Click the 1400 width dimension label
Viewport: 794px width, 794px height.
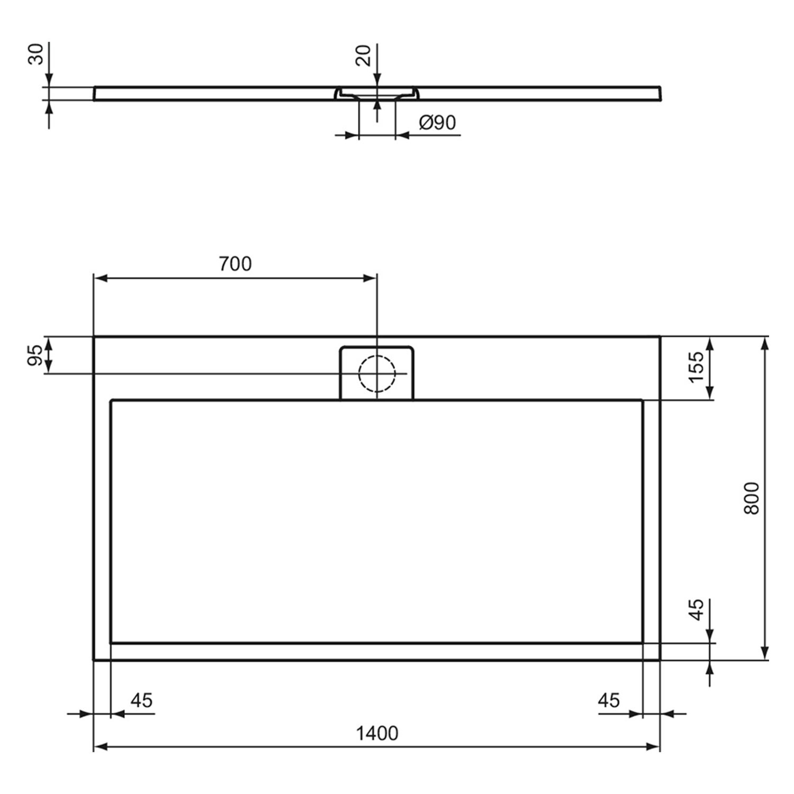[377, 733]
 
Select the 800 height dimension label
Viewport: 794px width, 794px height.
[751, 498]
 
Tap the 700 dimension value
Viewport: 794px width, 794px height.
[236, 263]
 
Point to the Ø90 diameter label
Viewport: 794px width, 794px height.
[437, 123]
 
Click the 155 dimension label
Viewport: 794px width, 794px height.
[697, 366]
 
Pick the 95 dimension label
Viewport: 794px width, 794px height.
[35, 355]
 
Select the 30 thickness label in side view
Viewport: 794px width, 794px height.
[35, 54]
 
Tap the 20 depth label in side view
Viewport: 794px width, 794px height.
[364, 55]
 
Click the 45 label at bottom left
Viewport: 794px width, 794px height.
[141, 700]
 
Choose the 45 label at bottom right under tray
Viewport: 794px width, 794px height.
[609, 700]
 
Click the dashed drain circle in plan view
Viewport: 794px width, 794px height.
[377, 373]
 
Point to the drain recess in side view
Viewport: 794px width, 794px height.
[377, 93]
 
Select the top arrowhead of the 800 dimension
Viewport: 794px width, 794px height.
[764, 343]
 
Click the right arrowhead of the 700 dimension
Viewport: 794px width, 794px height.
[371, 278]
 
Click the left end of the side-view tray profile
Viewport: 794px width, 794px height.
[95, 94]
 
